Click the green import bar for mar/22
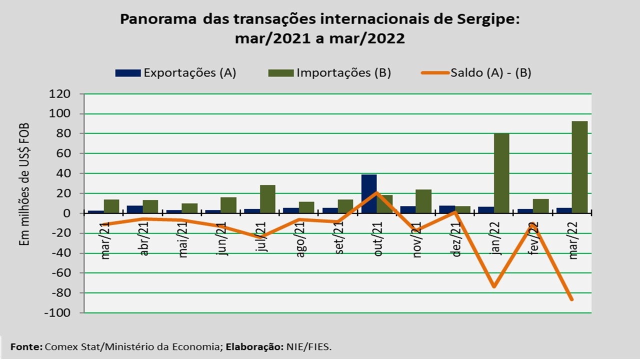click(x=579, y=167)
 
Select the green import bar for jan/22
click(x=501, y=173)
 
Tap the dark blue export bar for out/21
click(x=368, y=194)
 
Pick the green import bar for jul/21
click(x=267, y=199)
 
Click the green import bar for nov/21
click(x=423, y=201)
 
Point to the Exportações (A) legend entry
click(x=175, y=72)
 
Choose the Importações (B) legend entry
click(x=329, y=72)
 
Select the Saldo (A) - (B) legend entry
click(x=475, y=72)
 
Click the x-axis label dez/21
click(x=456, y=239)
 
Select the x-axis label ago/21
click(x=300, y=240)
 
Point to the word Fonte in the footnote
click(x=26, y=346)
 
